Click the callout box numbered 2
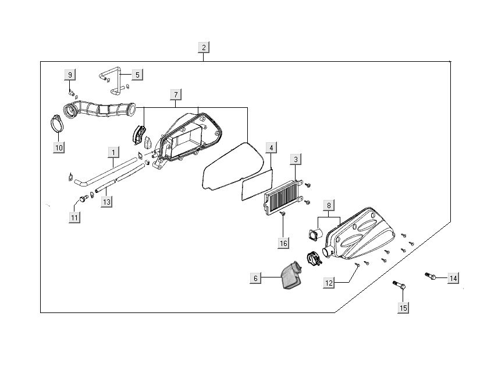tap(203, 47)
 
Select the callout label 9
tap(70, 75)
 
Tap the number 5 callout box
tap(137, 75)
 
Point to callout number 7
tap(175, 94)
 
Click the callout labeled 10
tap(59, 147)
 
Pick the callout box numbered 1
tap(113, 152)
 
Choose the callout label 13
tap(106, 202)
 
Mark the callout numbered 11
tap(74, 217)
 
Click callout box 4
tap(271, 148)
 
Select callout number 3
tap(296, 159)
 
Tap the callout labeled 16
tap(283, 243)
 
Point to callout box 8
tap(329, 205)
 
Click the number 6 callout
tap(255, 279)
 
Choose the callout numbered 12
tap(329, 283)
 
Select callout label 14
tap(453, 277)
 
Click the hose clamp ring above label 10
tap(55, 124)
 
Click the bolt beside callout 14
tap(431, 275)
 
